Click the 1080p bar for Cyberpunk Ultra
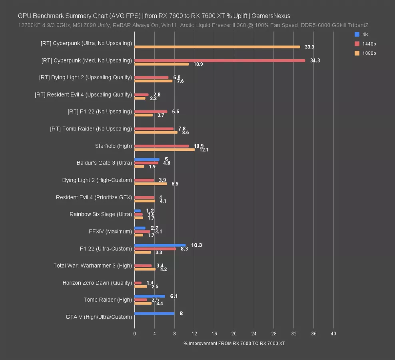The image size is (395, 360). [217, 47]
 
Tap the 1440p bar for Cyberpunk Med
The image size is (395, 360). [219, 60]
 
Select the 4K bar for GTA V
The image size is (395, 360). [154, 313]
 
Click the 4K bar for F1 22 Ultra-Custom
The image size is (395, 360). [160, 245]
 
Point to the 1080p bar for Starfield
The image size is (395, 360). [164, 150]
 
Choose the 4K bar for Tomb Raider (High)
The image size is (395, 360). [150, 296]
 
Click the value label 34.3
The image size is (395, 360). [315, 60]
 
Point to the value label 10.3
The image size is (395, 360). [196, 245]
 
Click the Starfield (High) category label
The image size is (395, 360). [113, 146]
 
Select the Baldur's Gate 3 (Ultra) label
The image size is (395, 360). [104, 163]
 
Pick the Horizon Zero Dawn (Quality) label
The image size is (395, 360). [97, 283]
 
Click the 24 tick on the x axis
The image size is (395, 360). [254, 334]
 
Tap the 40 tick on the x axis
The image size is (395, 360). [333, 334]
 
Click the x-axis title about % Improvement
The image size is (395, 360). [234, 343]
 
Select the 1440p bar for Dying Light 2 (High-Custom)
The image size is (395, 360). [144, 180]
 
